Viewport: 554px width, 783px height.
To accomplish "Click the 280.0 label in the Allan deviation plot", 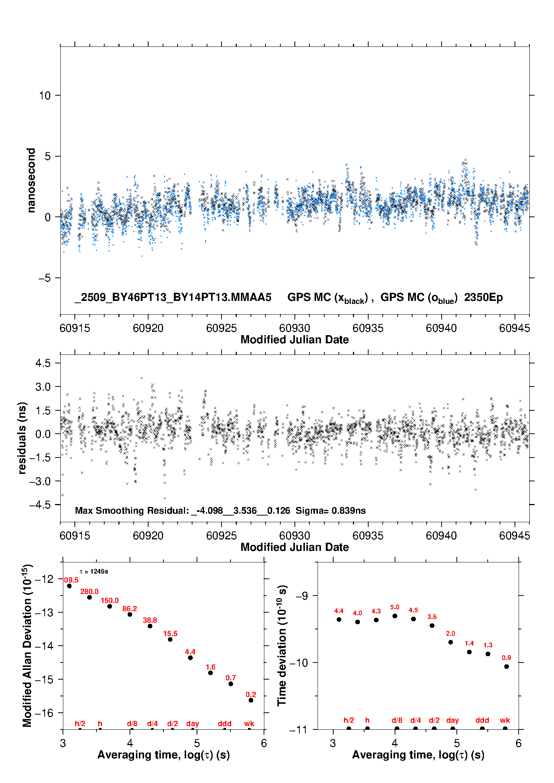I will point(89,591).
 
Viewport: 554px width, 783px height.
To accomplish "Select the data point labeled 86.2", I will point(130,614).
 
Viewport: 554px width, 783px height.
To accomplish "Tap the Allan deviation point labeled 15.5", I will point(170,639).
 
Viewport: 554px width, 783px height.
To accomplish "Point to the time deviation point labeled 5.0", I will point(395,616).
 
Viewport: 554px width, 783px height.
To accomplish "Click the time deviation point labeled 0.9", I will point(506,667).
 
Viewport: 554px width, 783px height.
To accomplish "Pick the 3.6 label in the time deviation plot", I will point(432,617).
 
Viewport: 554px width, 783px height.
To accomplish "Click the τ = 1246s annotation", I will point(94,571).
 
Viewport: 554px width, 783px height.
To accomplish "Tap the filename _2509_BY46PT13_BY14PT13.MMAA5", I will point(173,297).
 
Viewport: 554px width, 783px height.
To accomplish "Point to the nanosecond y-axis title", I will point(31,180).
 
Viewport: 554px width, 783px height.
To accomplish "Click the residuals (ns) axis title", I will point(22,438).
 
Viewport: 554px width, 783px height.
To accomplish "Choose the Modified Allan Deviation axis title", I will point(27,645).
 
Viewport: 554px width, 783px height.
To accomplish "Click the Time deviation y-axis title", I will point(282,645).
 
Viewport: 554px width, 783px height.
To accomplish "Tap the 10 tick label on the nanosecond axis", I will point(45,96).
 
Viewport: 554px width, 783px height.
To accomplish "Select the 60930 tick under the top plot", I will point(294,328).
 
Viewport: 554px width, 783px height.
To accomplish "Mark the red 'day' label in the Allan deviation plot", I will point(192,723).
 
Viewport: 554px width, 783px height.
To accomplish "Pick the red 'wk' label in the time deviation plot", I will point(505,720).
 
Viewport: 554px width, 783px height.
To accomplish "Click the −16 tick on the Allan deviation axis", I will point(44,713).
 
